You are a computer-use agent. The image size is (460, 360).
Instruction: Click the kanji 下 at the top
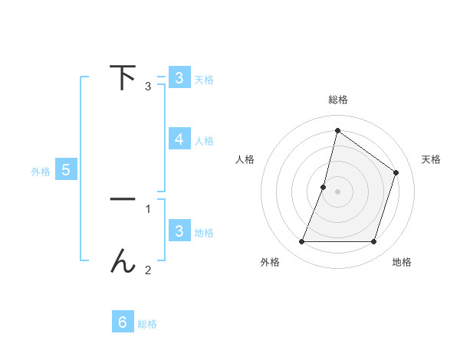tap(123, 77)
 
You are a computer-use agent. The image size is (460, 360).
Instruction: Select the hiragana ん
tap(123, 262)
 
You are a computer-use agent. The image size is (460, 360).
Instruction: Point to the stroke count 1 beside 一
tap(148, 208)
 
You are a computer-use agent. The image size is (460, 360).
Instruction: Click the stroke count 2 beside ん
tap(148, 270)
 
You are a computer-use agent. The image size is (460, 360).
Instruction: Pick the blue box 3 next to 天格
tap(179, 77)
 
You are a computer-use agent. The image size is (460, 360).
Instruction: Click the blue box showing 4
tap(179, 139)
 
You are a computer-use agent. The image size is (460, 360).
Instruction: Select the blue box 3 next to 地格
tap(179, 231)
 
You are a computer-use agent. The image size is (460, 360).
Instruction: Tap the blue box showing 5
tap(66, 170)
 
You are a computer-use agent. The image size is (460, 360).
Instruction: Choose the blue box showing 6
tap(123, 322)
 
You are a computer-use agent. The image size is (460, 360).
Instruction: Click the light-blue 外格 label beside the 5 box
tap(41, 172)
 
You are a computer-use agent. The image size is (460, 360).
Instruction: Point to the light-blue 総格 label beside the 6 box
tap(147, 324)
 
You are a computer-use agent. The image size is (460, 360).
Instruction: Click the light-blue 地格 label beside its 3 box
tap(204, 232)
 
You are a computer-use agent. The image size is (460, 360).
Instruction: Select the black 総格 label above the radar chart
tap(337, 100)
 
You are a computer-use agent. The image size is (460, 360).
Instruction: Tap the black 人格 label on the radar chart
tap(245, 159)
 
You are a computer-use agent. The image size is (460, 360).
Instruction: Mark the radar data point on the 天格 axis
tap(396, 172)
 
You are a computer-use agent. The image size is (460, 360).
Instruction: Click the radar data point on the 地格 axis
tap(373, 242)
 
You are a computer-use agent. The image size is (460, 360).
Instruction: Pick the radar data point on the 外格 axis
tap(301, 242)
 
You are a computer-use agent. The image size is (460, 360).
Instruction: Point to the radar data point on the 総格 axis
tap(337, 130)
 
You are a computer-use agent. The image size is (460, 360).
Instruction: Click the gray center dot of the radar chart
tap(337, 191)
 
